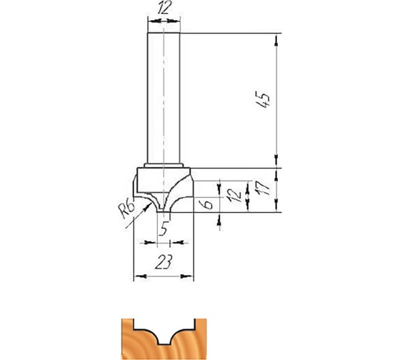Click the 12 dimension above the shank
point(164,8)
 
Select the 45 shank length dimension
point(264,99)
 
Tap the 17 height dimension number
point(263,188)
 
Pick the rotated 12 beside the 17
point(235,195)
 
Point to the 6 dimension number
point(208,204)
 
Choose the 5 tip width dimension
point(164,229)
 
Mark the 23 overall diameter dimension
point(164,261)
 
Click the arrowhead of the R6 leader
point(146,208)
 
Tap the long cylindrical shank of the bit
point(164,99)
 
